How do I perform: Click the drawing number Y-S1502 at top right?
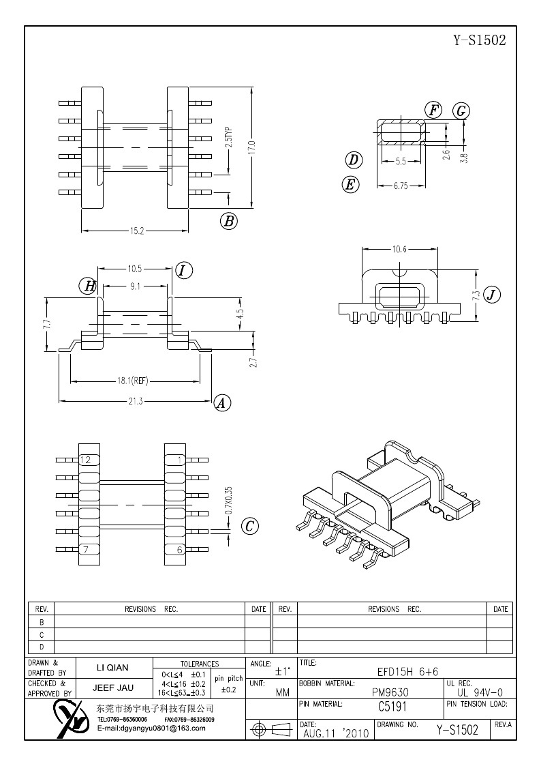pyautogui.click(x=480, y=40)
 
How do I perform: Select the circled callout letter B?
pyautogui.click(x=229, y=220)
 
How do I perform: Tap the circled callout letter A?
pyautogui.click(x=221, y=403)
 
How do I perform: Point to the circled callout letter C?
pyautogui.click(x=250, y=526)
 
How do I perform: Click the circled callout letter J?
pyautogui.click(x=491, y=295)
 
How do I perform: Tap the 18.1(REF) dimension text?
pyautogui.click(x=135, y=381)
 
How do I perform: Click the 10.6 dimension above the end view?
pyautogui.click(x=399, y=249)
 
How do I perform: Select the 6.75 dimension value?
pyautogui.click(x=401, y=186)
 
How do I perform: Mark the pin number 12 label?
pyautogui.click(x=85, y=460)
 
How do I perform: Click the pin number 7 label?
pyautogui.click(x=85, y=550)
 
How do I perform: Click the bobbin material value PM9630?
pyautogui.click(x=390, y=691)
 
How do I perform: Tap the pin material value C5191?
pyautogui.click(x=392, y=707)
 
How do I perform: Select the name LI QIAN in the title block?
pyautogui.click(x=110, y=668)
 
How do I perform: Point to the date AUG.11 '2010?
pyautogui.click(x=334, y=733)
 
